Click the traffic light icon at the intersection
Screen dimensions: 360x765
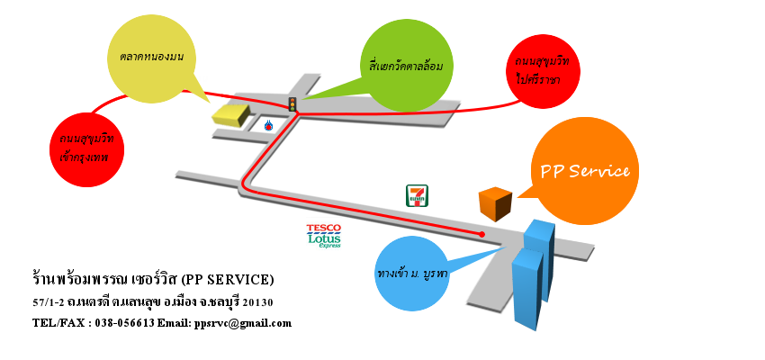[292, 104]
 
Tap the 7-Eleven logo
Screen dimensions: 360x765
[418, 195]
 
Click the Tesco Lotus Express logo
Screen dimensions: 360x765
[325, 236]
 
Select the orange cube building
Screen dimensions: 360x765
[494, 203]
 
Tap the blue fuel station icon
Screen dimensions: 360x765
[269, 125]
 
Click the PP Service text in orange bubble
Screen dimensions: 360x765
[584, 171]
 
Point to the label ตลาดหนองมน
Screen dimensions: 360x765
[151, 57]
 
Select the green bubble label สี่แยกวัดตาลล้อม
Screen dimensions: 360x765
[406, 65]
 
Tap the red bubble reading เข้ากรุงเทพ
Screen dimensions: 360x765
[86, 148]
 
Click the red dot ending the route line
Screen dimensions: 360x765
[482, 234]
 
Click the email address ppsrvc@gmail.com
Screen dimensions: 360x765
[242, 322]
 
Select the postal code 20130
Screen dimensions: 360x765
[256, 301]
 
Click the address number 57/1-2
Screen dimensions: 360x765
[49, 301]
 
